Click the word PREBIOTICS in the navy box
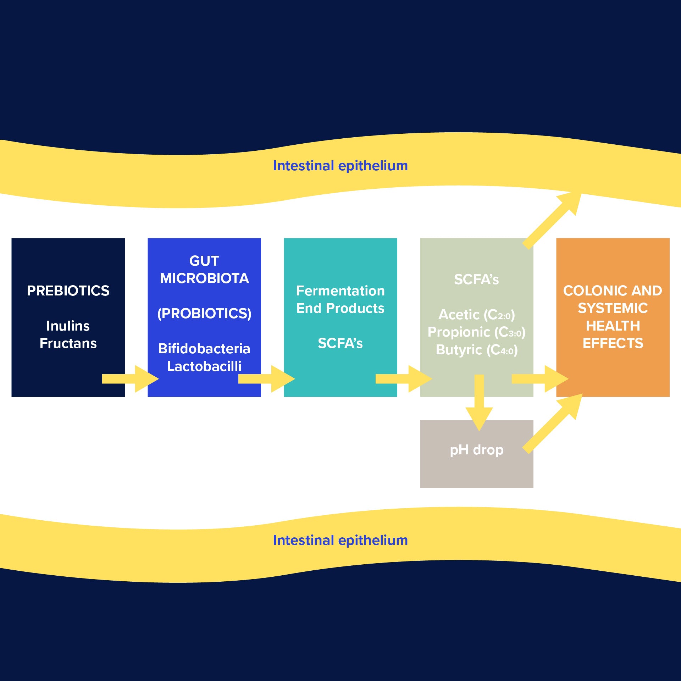click(x=68, y=291)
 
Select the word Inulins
click(x=68, y=326)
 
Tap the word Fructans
click(x=68, y=343)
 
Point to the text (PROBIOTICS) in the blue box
click(x=204, y=314)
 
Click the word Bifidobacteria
click(x=204, y=349)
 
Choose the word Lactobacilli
click(x=204, y=366)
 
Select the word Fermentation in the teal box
click(x=340, y=291)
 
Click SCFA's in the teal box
click(x=340, y=343)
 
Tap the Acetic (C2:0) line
click(x=476, y=315)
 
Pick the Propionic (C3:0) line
click(x=476, y=332)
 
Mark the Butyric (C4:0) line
click(x=476, y=350)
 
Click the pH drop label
click(x=476, y=450)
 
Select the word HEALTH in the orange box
click(x=613, y=326)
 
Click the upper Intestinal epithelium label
click(x=340, y=166)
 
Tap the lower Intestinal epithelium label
click(x=340, y=540)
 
